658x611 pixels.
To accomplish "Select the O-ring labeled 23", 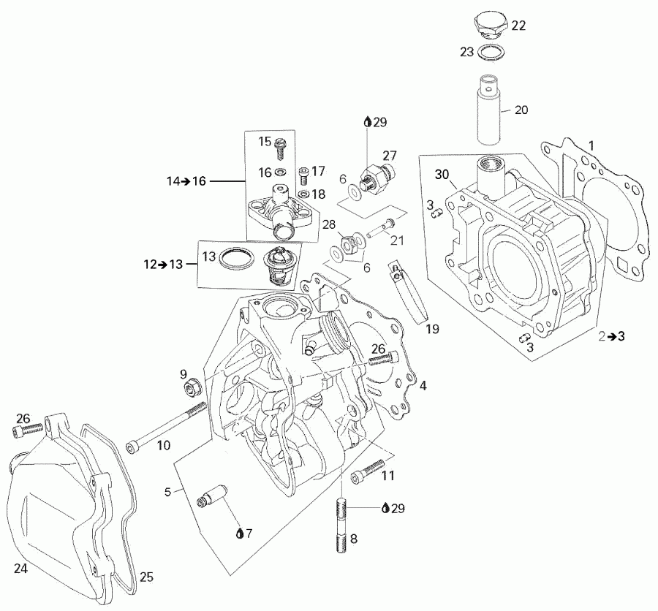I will pos(491,52).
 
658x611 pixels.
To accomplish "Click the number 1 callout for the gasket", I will pos(592,146).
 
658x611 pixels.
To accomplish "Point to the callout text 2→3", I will pos(611,336).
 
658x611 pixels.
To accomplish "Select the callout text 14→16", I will pos(189,181).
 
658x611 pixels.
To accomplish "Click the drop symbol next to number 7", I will pos(240,534).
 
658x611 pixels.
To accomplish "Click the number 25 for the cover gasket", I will pos(147,577).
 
